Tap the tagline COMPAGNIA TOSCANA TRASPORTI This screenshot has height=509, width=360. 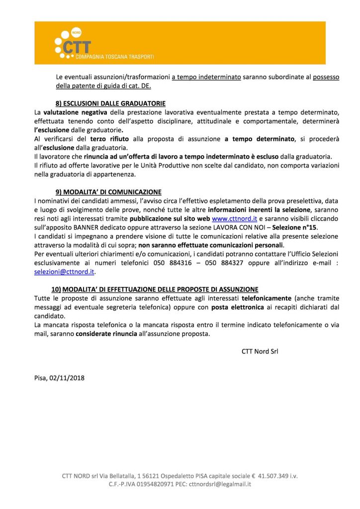tap(115, 57)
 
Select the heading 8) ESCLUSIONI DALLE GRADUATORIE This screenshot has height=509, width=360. tap(110, 103)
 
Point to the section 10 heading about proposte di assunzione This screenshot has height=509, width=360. tap(155, 289)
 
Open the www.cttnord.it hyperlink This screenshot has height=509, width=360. tap(234, 218)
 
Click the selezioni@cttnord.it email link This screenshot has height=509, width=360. tap(64, 272)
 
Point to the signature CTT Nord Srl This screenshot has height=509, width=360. tap(260, 351)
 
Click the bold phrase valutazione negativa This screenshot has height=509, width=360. tap(75, 112)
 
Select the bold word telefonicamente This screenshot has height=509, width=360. tap(266, 298)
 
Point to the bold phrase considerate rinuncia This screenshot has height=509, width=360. tap(106, 334)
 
